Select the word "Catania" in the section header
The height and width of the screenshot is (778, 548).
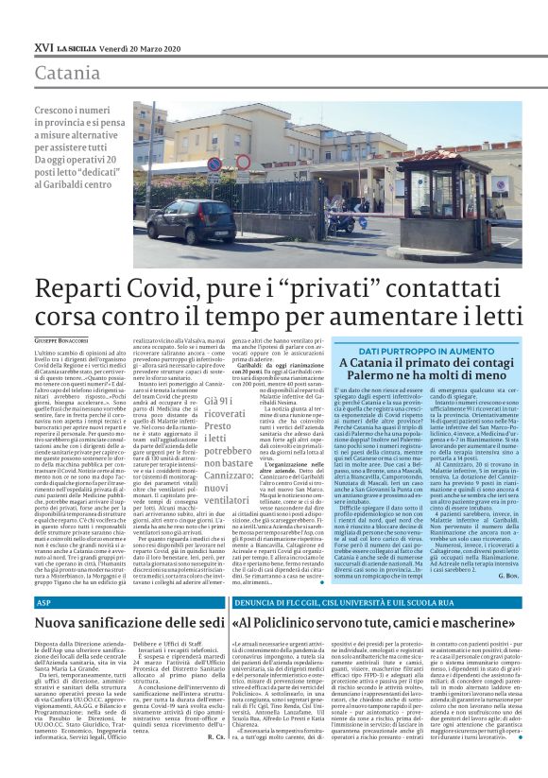tap(66, 73)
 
